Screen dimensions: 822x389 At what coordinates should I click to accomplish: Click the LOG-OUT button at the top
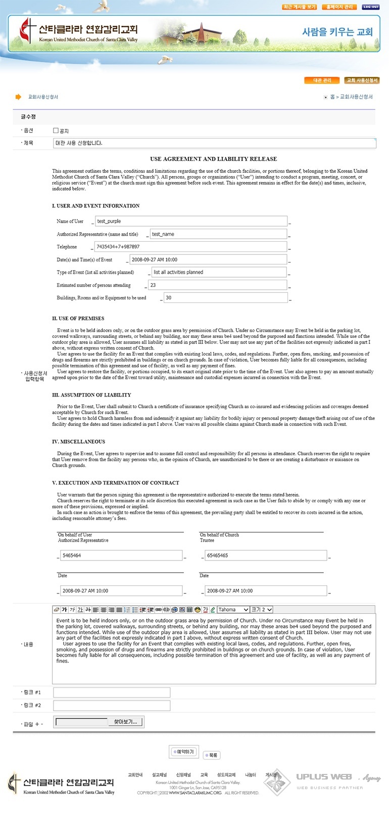[x=370, y=7]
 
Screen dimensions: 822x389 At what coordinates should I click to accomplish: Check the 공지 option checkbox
[x=56, y=131]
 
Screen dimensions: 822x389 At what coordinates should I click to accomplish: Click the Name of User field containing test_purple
[x=191, y=221]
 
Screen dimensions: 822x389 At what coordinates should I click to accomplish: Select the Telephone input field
[x=190, y=247]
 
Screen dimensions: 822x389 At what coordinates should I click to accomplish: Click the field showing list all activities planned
[x=219, y=272]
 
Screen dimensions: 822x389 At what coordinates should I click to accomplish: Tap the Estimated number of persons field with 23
[x=218, y=285]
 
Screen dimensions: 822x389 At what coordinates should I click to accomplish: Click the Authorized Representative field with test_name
[x=218, y=234]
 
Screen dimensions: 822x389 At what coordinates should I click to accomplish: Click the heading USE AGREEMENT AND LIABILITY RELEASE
[x=213, y=159]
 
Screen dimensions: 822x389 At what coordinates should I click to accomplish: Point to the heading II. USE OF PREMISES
[x=78, y=319]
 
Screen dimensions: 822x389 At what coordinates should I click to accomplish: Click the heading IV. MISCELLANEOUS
[x=78, y=442]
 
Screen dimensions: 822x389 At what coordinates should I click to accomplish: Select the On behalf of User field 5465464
[x=121, y=555]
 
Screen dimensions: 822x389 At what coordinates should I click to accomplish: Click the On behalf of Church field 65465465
[x=266, y=555]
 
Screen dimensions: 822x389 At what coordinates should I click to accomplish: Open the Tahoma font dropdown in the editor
[x=233, y=610]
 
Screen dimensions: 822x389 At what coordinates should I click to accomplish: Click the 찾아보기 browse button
[x=125, y=722]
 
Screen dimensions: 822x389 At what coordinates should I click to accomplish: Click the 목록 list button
[x=212, y=755]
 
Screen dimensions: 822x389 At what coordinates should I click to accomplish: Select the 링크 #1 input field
[x=112, y=693]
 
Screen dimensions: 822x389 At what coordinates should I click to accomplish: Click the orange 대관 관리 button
[x=322, y=80]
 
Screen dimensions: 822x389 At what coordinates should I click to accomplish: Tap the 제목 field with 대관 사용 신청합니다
[x=215, y=143]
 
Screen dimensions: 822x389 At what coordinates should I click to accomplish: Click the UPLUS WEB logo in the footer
[x=324, y=777]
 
